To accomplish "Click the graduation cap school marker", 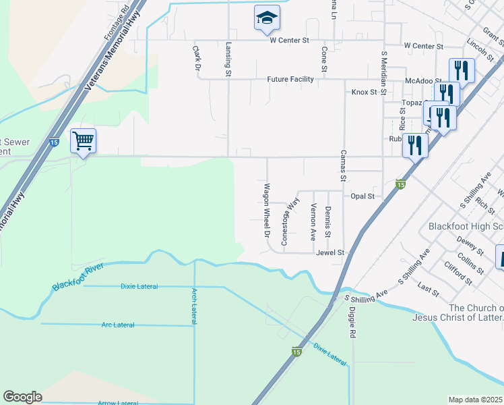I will [267, 18].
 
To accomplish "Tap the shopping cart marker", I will [83, 141].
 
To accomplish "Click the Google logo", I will [22, 397].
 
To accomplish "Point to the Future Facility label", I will [290, 79].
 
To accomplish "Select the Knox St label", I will [364, 92].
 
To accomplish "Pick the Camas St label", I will [343, 165].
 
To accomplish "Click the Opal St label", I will [363, 196].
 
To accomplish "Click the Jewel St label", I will [330, 252].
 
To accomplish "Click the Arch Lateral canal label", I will [194, 306].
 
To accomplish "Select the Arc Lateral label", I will [117, 325].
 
